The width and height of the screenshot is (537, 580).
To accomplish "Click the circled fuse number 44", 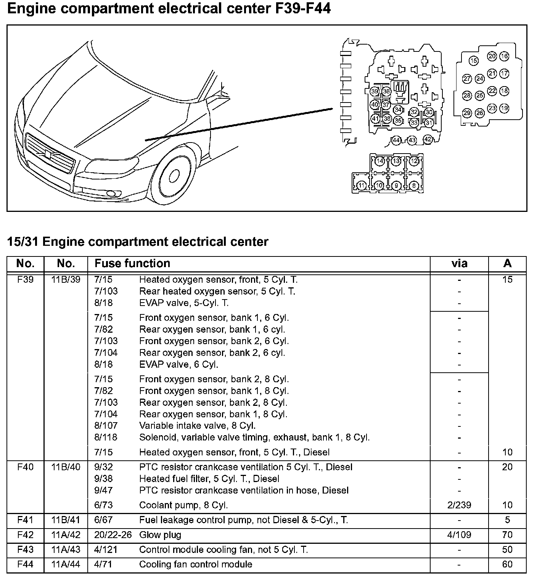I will pyautogui.click(x=396, y=140).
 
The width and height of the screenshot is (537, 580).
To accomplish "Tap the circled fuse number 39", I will pyautogui.click(x=375, y=91).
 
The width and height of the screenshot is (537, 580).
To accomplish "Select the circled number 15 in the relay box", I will pyautogui.click(x=473, y=61).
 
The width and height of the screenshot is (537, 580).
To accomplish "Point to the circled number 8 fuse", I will pyautogui.click(x=414, y=186).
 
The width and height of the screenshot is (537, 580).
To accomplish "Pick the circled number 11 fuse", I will pyautogui.click(x=362, y=186).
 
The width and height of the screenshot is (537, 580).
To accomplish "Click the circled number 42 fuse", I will pyautogui.click(x=428, y=139).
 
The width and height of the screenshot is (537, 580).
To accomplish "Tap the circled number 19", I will pyautogui.click(x=504, y=108).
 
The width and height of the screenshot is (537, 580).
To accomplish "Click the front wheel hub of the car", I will pyautogui.click(x=174, y=176).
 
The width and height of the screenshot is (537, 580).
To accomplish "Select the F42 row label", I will pyautogui.click(x=26, y=535).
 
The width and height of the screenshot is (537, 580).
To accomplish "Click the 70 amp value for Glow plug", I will pyautogui.click(x=507, y=535).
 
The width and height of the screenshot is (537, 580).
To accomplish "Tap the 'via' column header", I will pyautogui.click(x=459, y=263).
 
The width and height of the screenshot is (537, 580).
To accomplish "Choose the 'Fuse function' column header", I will pyautogui.click(x=132, y=263).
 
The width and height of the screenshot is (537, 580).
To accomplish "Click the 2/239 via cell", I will pyautogui.click(x=459, y=505).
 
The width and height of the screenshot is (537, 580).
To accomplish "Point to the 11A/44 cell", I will pyautogui.click(x=66, y=564).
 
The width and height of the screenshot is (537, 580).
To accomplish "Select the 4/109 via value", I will pyautogui.click(x=459, y=535).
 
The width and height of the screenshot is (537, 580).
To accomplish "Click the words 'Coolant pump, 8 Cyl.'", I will pyautogui.click(x=183, y=505).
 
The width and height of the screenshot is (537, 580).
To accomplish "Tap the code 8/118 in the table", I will pyautogui.click(x=106, y=437).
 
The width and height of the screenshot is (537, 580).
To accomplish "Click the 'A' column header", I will pyautogui.click(x=507, y=263).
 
